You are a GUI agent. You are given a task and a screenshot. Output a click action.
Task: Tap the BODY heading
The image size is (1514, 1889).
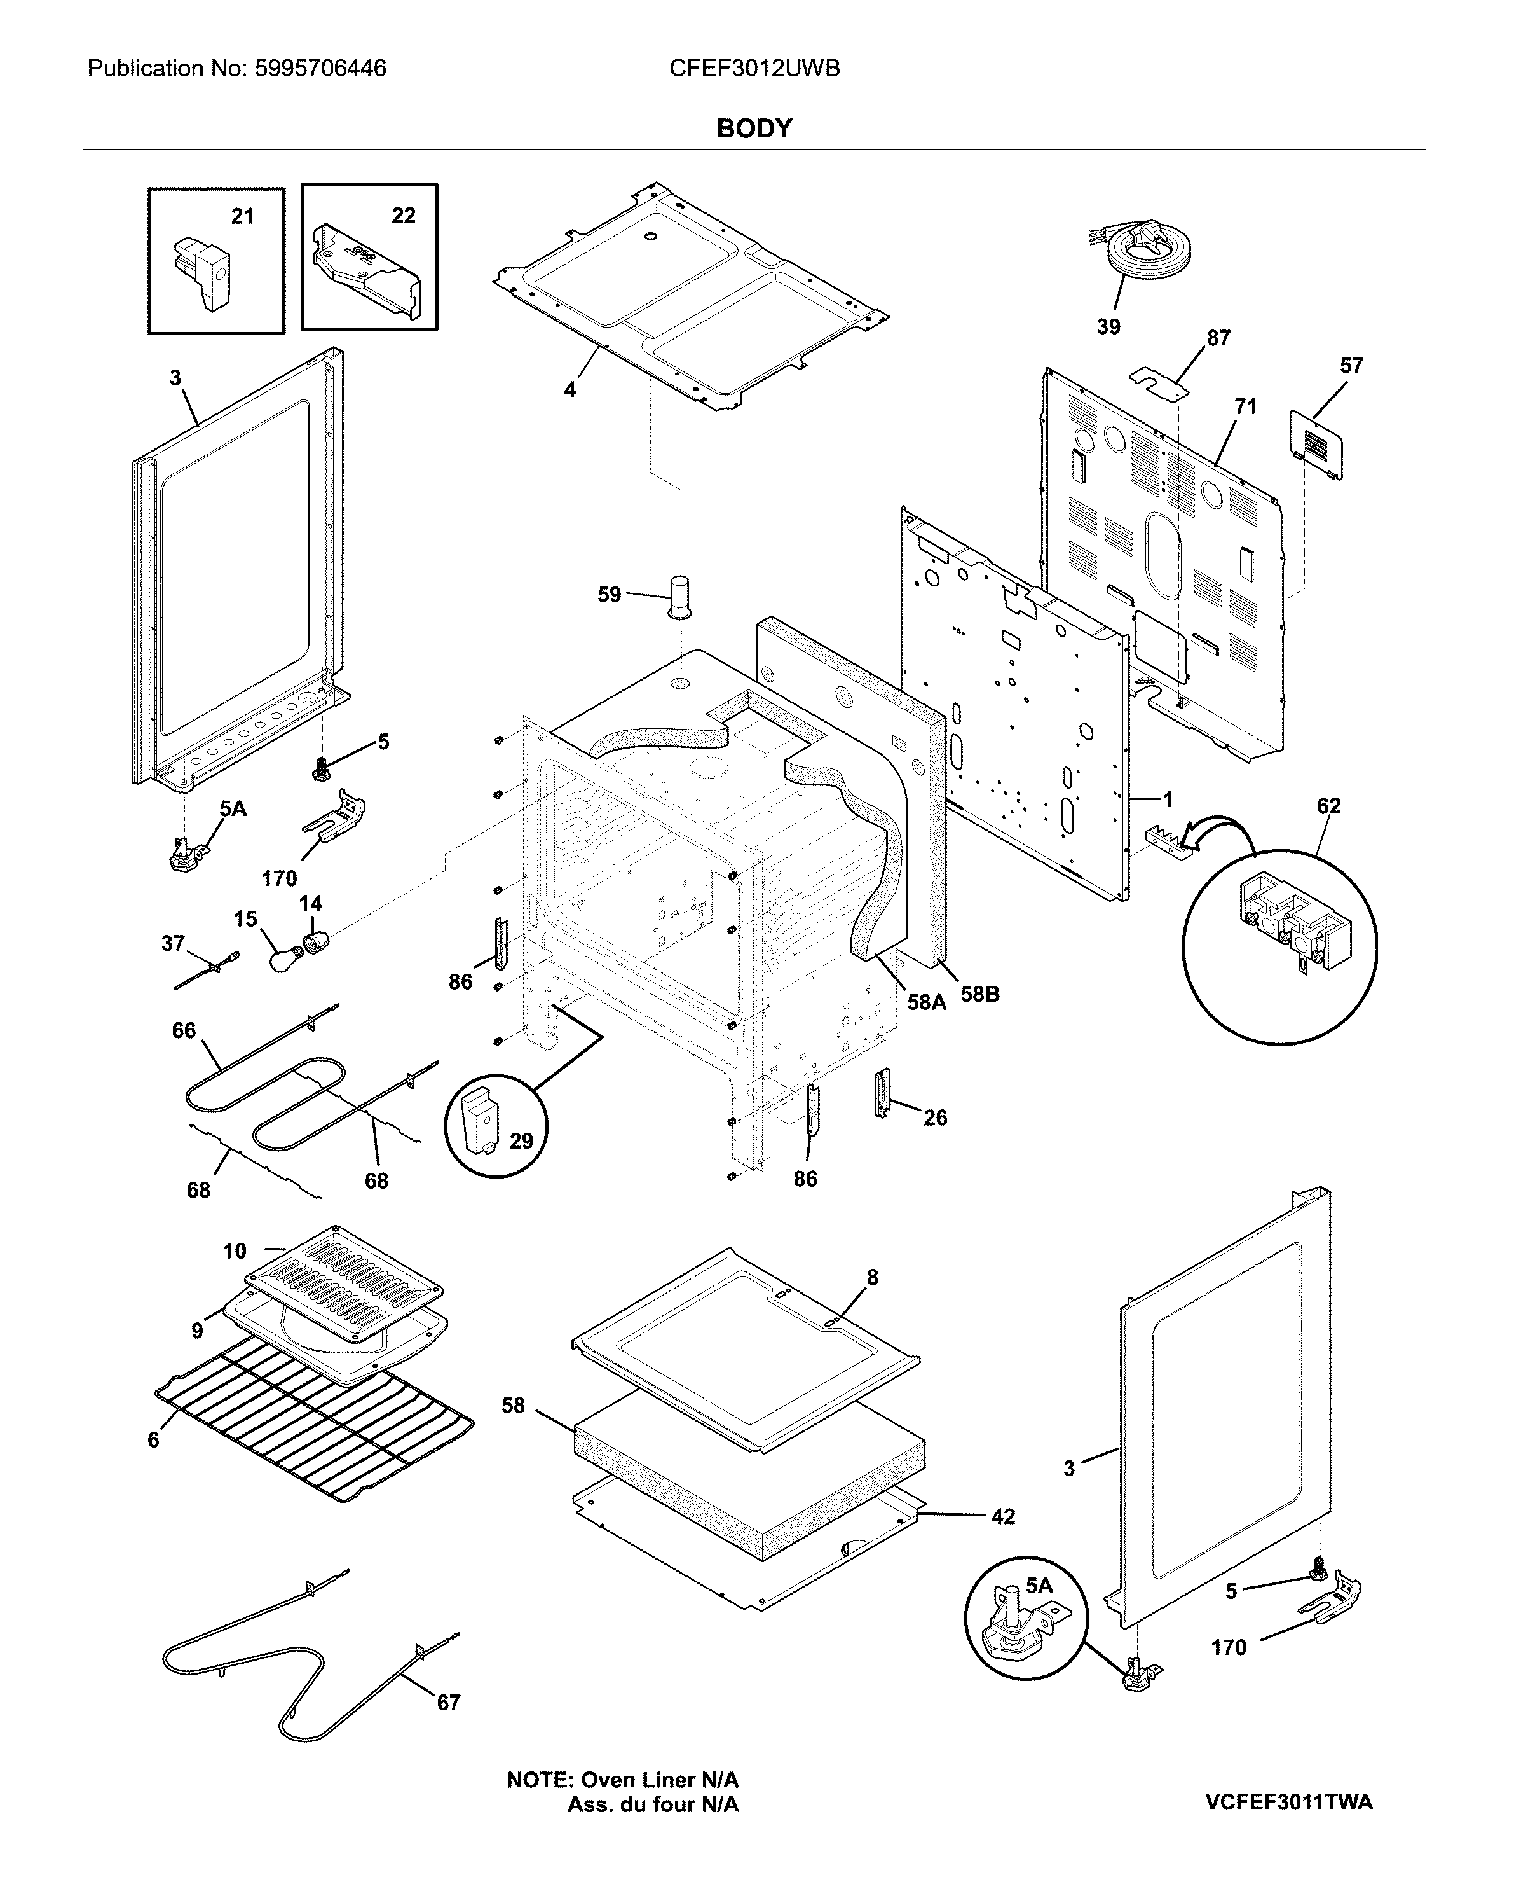pos(754,128)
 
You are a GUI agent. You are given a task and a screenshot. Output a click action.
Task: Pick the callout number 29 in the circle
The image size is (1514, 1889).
pos(521,1141)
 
